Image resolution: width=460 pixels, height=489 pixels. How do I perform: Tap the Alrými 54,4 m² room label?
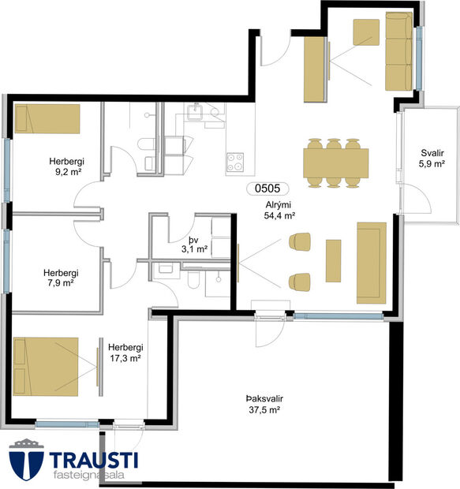(x=279, y=209)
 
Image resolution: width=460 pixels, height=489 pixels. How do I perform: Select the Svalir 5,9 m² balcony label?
(x=432, y=159)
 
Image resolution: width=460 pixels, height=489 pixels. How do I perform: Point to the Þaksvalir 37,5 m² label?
(x=264, y=405)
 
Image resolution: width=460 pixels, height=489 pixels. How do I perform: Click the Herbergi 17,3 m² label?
(x=125, y=352)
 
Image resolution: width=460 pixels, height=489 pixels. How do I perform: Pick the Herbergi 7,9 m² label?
(x=60, y=278)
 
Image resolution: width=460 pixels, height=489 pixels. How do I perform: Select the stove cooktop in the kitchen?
(x=235, y=163)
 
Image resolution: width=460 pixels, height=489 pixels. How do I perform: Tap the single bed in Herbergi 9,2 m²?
(x=47, y=119)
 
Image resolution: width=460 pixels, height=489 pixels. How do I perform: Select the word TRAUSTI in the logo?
(x=94, y=459)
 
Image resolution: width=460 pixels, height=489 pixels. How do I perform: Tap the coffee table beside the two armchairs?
(x=333, y=259)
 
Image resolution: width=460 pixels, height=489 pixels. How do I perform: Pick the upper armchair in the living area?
(x=301, y=243)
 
